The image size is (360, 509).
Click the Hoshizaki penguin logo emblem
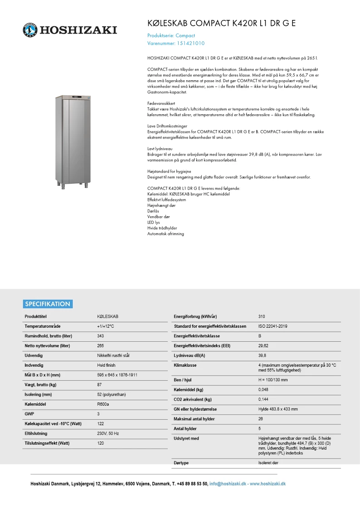pyautogui.click(x=30, y=30)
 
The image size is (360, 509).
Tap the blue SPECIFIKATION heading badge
pyautogui.click(x=48, y=304)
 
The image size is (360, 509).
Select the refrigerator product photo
pyautogui.click(x=73, y=140)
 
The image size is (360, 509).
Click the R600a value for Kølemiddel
pyautogui.click(x=103, y=404)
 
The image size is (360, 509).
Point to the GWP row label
pyautogui.click(x=29, y=414)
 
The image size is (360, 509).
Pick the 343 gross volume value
pyautogui.click(x=101, y=336)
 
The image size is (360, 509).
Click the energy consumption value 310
pyautogui.click(x=262, y=316)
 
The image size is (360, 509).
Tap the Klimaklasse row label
pyautogui.click(x=185, y=365)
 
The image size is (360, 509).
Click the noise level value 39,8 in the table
pyautogui.click(x=262, y=355)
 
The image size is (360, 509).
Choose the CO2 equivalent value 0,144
pyautogui.click(x=263, y=399)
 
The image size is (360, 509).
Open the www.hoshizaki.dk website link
pyautogui.click(x=268, y=484)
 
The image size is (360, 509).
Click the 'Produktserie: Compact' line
pyautogui.click(x=171, y=35)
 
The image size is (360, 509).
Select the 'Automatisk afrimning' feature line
pyautogui.click(x=165, y=234)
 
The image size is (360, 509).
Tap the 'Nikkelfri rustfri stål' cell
pyautogui.click(x=113, y=355)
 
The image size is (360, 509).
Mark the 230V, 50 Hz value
pyautogui.click(x=107, y=433)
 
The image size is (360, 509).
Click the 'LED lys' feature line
pyautogui.click(x=154, y=223)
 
